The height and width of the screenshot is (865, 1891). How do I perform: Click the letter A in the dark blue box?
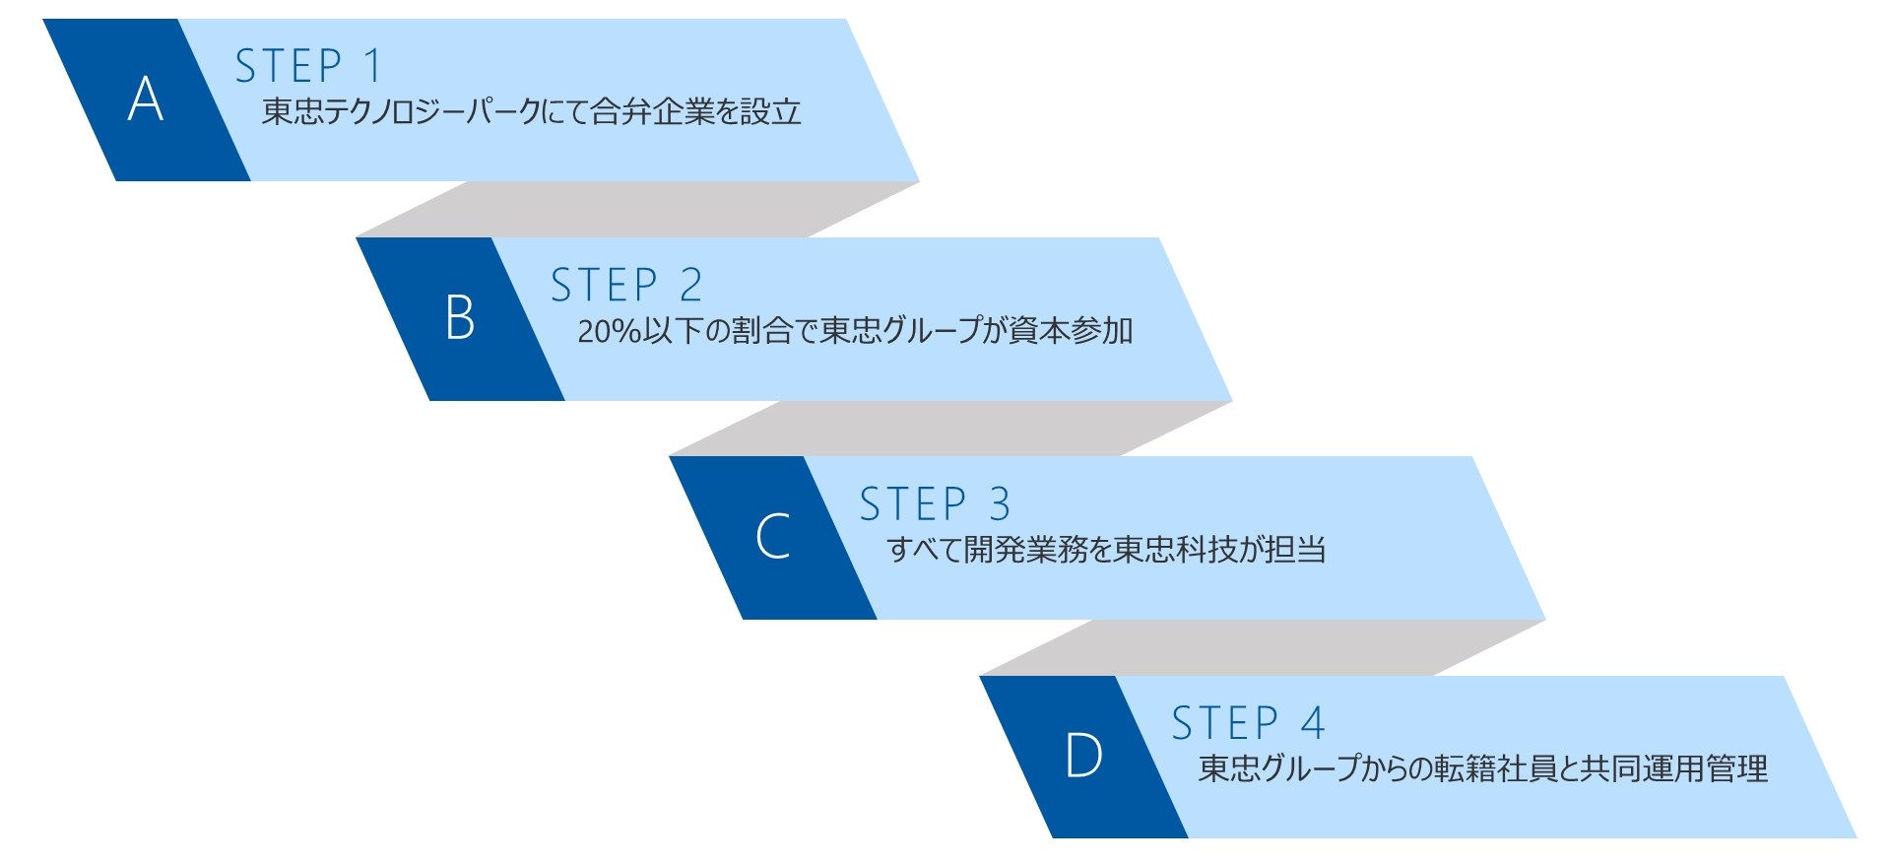146,100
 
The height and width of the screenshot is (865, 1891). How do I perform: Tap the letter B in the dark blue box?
459,318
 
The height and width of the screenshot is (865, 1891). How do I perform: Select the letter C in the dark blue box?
772,537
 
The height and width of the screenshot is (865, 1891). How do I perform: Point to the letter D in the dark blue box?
1083,757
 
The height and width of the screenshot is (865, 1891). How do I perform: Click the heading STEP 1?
308,66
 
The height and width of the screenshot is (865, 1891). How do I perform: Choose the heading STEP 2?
625,286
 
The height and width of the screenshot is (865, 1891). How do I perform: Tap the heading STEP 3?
935,504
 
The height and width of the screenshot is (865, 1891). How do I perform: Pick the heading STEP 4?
1248,723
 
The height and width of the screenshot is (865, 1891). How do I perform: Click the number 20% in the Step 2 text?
610,331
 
